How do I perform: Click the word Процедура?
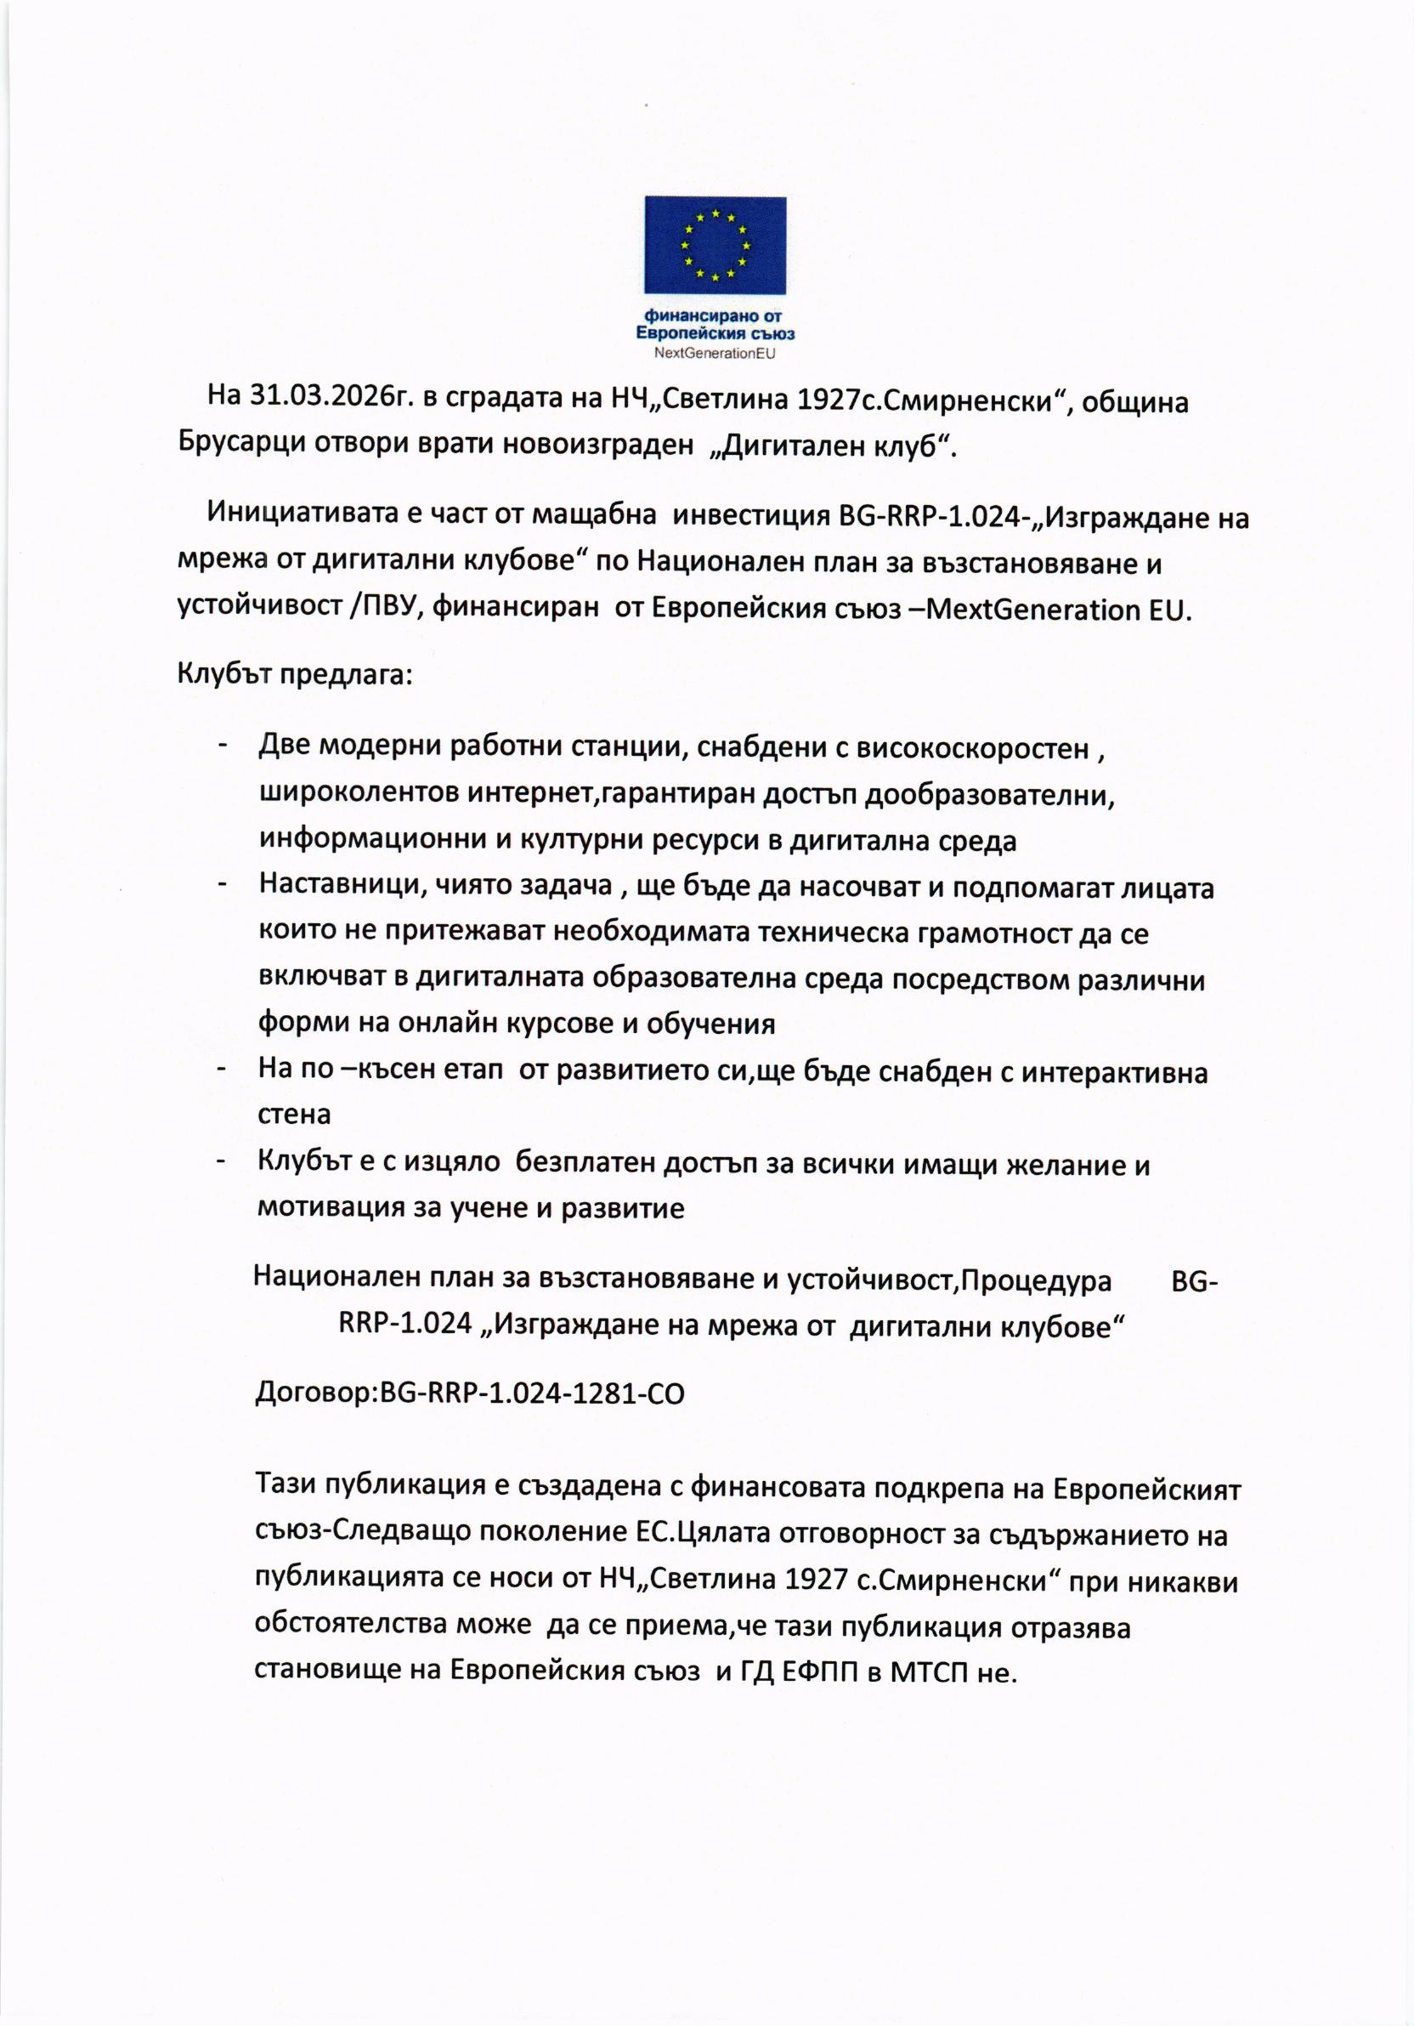pos(1036,1280)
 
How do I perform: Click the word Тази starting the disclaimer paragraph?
pos(286,1487)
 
